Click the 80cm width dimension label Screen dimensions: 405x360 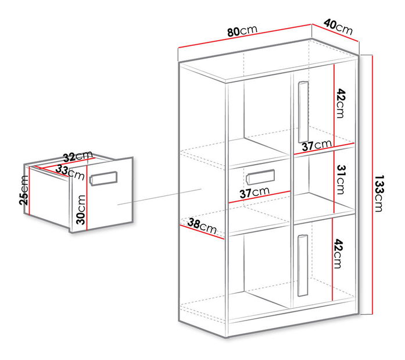[242, 31]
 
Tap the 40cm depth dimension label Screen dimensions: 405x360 [338, 27]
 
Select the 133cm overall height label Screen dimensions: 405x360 [379, 193]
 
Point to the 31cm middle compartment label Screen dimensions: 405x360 [341, 179]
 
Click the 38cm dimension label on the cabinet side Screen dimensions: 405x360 [202, 226]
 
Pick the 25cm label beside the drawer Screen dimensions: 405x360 [24, 190]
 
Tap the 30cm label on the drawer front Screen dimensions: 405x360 [81, 209]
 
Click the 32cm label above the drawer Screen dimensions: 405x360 [78, 156]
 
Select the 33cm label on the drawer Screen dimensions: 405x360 [70, 172]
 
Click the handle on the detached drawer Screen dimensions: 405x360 [103, 179]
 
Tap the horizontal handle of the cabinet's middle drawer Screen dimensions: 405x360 [260, 177]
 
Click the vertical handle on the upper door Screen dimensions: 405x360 [303, 112]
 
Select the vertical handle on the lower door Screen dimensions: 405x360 [303, 265]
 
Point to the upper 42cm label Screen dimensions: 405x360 [341, 104]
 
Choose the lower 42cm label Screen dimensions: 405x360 [338, 254]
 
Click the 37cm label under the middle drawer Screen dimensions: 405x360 [255, 193]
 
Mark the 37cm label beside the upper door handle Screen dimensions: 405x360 [317, 145]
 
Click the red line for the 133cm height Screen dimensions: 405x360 [372, 185]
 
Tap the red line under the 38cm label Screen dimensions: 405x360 [202, 232]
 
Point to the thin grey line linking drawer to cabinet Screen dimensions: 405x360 [159, 197]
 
